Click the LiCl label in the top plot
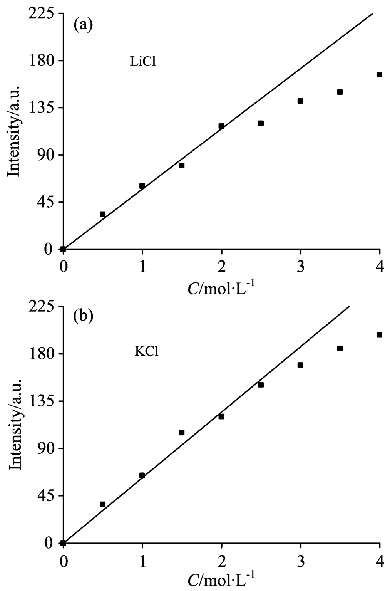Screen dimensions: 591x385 (143, 62)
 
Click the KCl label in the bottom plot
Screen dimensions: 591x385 (147, 352)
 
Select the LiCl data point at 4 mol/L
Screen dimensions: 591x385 (379, 75)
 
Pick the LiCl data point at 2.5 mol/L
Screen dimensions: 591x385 (261, 123)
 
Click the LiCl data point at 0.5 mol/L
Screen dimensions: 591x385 (102, 214)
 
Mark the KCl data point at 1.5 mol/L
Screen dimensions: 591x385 (182, 433)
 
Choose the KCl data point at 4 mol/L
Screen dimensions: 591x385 (379, 335)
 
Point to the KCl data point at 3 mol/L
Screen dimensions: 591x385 (300, 365)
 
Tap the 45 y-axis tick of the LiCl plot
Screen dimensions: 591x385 (47, 202)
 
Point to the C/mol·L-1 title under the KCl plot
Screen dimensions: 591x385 (221, 580)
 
